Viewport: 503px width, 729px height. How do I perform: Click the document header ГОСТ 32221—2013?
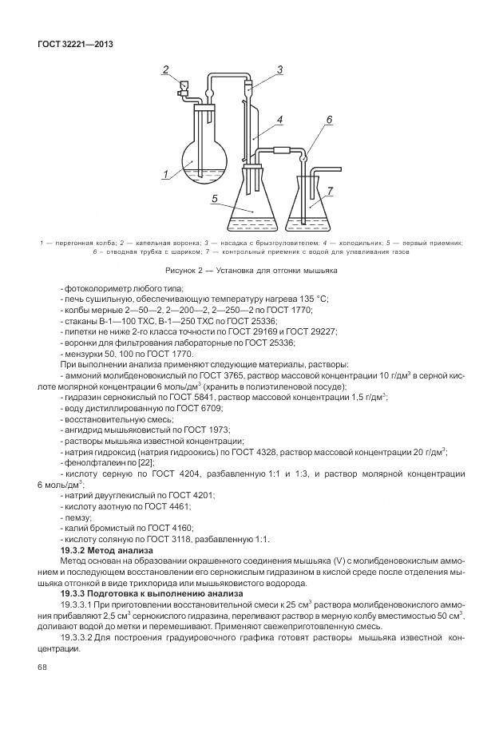75,44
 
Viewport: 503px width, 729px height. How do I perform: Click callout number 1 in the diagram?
164,173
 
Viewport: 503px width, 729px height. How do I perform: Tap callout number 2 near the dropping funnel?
166,70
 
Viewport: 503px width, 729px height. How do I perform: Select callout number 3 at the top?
280,70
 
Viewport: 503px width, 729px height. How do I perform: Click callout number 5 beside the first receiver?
328,120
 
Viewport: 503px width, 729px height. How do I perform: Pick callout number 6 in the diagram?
328,191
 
